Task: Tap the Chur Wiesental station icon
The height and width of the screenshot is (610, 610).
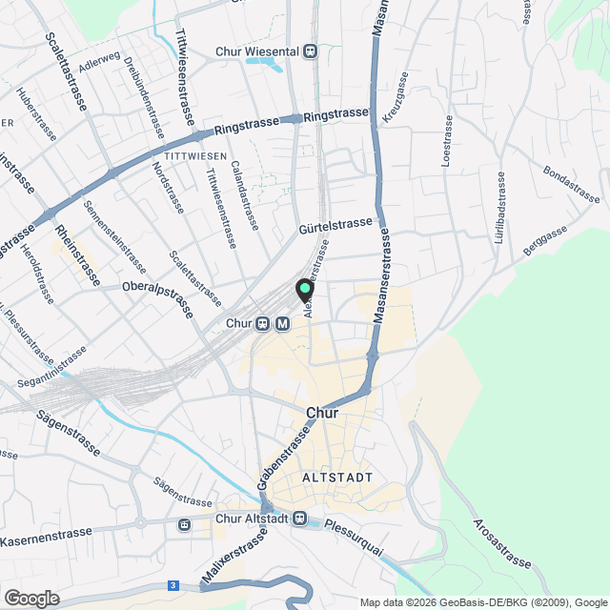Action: (311, 52)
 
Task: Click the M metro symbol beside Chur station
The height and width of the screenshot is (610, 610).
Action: (282, 324)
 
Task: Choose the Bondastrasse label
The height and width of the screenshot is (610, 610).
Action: (572, 184)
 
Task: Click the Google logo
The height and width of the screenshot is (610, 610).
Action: (30, 599)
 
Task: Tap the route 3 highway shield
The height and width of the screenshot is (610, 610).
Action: (173, 585)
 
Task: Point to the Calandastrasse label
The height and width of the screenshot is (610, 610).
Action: (245, 195)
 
